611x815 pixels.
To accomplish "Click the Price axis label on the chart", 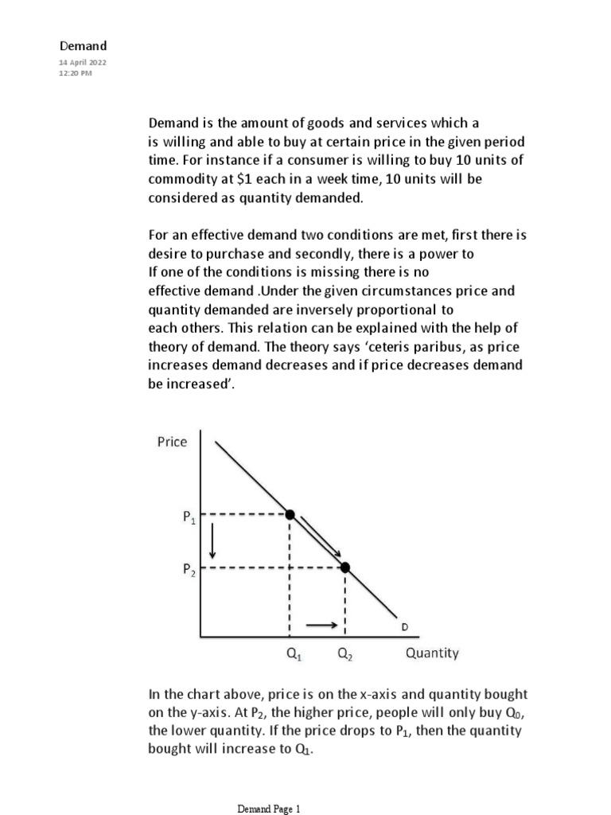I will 172,442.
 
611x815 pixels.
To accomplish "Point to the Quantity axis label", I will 432,653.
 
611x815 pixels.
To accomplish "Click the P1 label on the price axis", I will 188,518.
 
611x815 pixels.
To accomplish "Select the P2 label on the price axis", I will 188,570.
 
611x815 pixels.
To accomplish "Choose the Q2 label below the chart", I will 345,655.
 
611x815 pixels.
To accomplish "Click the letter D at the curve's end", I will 404,627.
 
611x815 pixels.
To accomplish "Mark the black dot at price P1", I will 290,514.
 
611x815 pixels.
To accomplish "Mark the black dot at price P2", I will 344,567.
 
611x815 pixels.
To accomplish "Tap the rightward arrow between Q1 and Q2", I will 322,626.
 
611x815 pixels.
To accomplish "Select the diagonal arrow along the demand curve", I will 321,537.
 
